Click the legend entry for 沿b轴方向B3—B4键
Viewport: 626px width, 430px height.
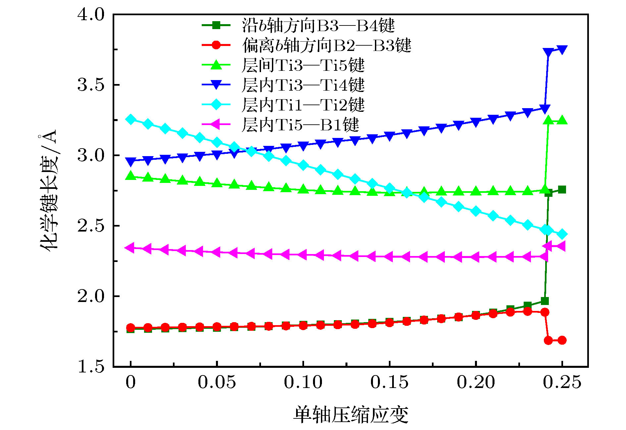[318, 25]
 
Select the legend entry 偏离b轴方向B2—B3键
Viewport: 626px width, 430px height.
[326, 45]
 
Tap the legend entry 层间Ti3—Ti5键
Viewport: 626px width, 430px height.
[303, 65]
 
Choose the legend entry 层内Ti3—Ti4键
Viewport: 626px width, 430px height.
[303, 85]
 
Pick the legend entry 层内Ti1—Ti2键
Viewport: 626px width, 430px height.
[303, 105]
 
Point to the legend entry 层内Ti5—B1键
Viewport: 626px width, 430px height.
[300, 125]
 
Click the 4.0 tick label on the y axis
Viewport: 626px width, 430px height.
[90, 15]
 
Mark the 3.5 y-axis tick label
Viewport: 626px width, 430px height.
[90, 85]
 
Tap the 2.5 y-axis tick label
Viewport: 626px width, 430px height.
[90, 226]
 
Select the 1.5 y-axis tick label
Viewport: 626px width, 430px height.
[90, 366]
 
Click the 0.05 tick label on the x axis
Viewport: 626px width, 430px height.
[217, 382]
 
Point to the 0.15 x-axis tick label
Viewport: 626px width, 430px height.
[389, 382]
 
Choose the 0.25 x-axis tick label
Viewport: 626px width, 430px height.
[562, 382]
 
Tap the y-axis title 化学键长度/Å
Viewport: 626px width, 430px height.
[49, 190]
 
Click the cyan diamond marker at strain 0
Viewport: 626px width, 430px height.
[131, 119]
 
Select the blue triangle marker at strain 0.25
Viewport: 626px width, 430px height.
[562, 50]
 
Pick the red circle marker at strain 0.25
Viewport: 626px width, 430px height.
[562, 340]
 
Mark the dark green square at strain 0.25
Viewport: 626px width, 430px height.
[562, 190]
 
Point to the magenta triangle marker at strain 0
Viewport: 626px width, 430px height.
[130, 247]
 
